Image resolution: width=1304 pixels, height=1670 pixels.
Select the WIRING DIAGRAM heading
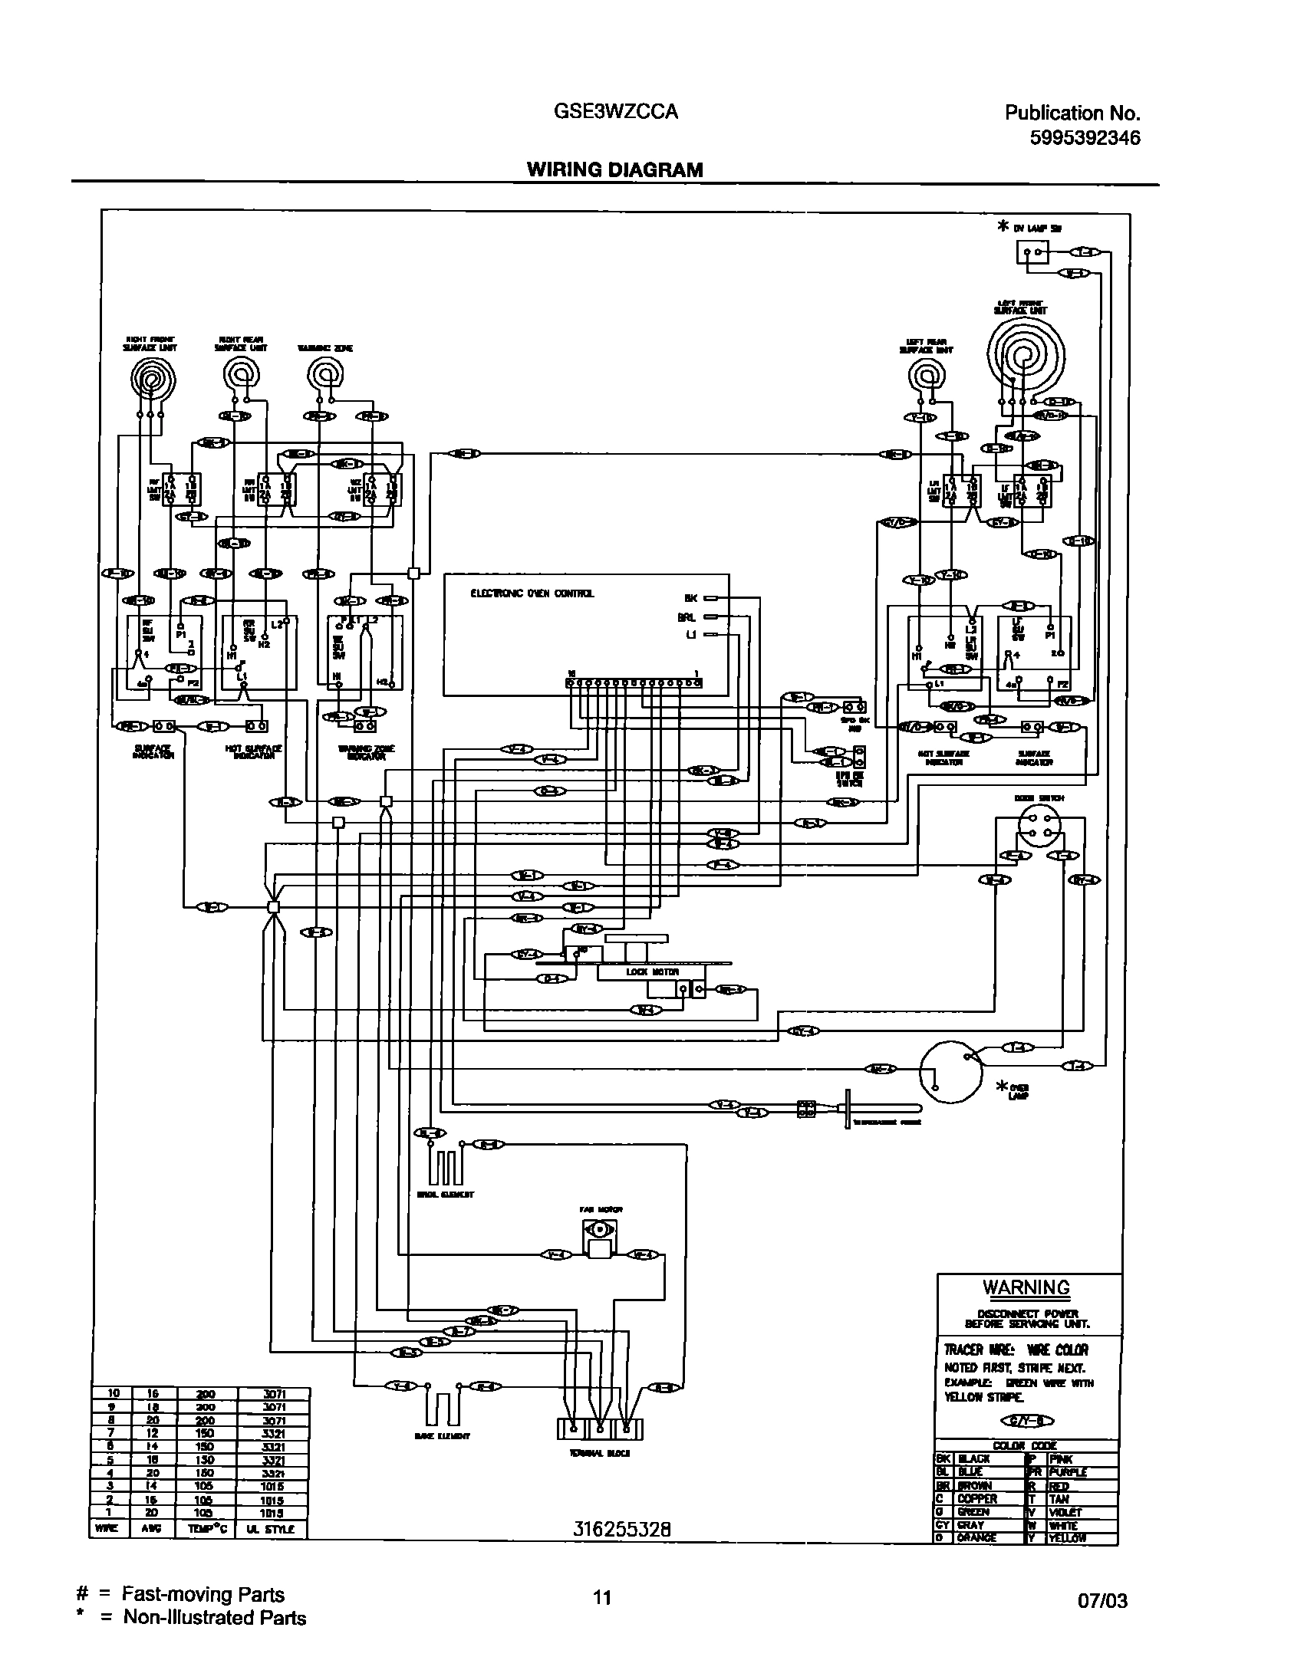[x=614, y=169]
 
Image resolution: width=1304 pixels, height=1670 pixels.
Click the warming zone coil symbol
[x=325, y=376]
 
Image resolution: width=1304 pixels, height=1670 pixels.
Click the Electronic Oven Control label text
[x=532, y=593]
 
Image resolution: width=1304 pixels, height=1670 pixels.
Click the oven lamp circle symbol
[x=950, y=1071]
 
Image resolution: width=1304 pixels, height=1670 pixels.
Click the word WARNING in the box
[x=1026, y=1287]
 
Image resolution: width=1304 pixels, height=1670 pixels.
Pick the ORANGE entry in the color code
[x=976, y=1537]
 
